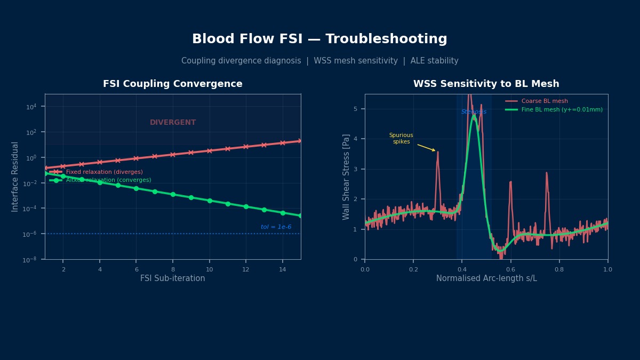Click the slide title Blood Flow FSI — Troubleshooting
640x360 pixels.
coord(319,39)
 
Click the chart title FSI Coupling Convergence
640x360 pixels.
coord(172,84)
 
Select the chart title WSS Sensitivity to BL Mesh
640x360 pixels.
coord(486,84)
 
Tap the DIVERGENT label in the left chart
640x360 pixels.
coord(173,123)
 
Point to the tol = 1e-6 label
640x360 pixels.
coord(276,227)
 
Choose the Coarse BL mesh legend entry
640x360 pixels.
coord(544,101)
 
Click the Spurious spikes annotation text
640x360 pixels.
coord(401,139)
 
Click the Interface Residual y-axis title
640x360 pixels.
coord(15,177)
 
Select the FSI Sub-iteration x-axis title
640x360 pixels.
coord(172,278)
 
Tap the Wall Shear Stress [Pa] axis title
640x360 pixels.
coord(347,177)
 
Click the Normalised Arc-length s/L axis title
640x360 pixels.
coord(486,278)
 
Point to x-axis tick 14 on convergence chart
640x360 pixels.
coord(283,269)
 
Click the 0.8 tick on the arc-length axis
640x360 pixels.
coord(559,269)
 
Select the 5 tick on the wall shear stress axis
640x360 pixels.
coord(355,109)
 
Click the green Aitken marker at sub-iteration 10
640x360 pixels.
coord(210,201)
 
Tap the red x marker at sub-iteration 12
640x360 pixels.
coord(246,147)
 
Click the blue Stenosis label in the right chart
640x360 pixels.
coord(474,112)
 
